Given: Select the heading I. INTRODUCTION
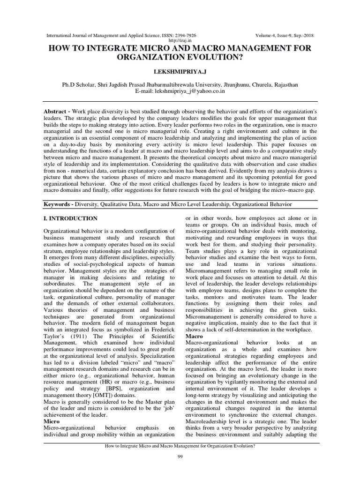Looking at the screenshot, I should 70,218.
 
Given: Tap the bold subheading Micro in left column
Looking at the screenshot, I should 52,421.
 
